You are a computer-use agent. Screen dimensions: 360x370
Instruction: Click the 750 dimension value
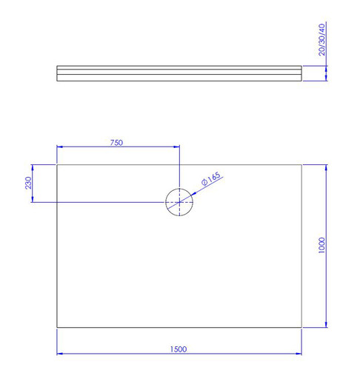[116, 143]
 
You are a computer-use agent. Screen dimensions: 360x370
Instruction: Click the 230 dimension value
[28, 183]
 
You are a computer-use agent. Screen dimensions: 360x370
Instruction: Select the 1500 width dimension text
[179, 349]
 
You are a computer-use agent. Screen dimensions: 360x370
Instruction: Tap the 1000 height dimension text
[321, 245]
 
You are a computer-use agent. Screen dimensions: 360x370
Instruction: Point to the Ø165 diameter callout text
[211, 178]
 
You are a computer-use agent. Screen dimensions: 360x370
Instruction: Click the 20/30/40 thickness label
[321, 39]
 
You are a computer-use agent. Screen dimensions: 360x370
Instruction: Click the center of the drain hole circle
[179, 202]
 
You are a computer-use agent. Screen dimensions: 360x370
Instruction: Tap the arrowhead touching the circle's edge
[193, 194]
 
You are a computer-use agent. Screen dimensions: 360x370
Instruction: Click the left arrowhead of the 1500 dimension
[60, 354]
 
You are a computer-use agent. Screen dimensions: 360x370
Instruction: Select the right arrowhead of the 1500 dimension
[299, 354]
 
